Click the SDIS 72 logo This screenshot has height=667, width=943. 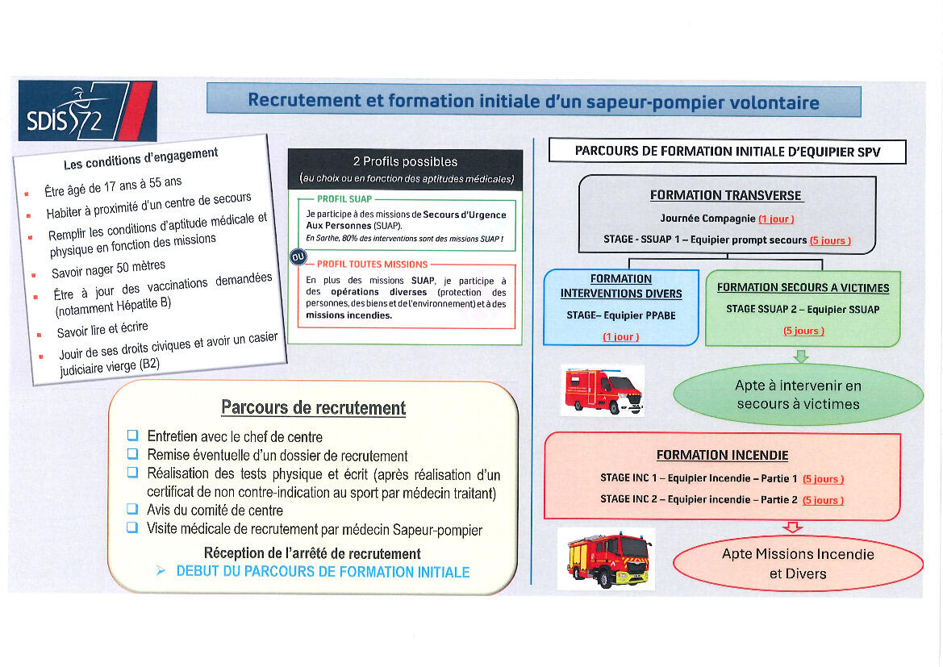pos(86,111)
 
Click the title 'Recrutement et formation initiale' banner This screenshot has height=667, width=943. pos(533,102)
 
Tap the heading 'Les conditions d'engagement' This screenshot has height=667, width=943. pos(141,159)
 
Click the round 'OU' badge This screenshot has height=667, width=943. pos(298,257)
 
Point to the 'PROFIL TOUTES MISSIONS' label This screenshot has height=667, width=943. pos(372,264)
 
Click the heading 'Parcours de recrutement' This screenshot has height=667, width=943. pos(314,408)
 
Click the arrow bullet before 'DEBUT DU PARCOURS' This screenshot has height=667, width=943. pos(161,571)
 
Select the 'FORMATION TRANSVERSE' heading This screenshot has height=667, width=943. pos(726,195)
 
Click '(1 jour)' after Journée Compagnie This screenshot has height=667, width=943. pos(776,219)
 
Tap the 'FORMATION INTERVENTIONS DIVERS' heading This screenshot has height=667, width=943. pos(620,286)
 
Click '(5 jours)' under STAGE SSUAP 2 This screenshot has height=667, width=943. pos(803,331)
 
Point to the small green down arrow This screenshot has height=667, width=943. pos(801,356)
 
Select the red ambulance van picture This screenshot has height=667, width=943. pos(602,390)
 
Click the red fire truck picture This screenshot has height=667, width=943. pos(606,558)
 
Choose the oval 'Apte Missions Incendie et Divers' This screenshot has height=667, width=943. pos(797,564)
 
